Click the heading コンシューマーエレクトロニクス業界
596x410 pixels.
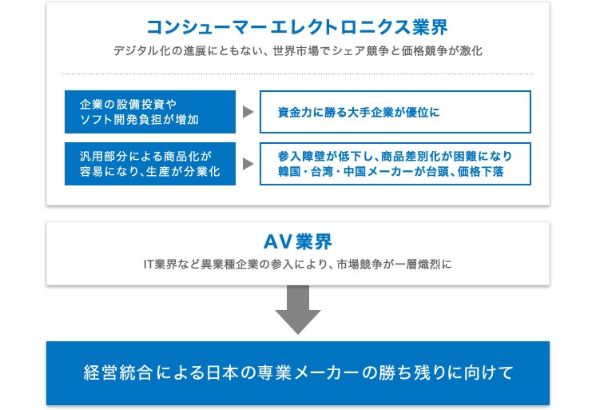click(x=297, y=27)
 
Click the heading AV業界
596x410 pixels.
click(x=298, y=241)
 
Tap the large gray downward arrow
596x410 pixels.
click(x=298, y=309)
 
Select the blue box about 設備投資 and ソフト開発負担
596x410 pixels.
click(x=150, y=112)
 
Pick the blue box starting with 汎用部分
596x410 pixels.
click(x=150, y=164)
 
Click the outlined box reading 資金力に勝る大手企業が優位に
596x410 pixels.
click(x=395, y=112)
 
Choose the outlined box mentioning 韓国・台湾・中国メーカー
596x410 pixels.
click(x=395, y=164)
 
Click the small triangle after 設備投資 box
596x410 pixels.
click(x=248, y=112)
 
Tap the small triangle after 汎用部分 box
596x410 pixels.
click(x=248, y=164)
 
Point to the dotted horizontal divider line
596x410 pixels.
click(x=298, y=74)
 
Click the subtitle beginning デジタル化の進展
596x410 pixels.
click(x=298, y=51)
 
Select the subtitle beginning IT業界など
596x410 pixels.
click(x=298, y=264)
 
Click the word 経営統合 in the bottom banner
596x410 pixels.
click(x=117, y=372)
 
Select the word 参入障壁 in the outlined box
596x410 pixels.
click(x=301, y=157)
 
